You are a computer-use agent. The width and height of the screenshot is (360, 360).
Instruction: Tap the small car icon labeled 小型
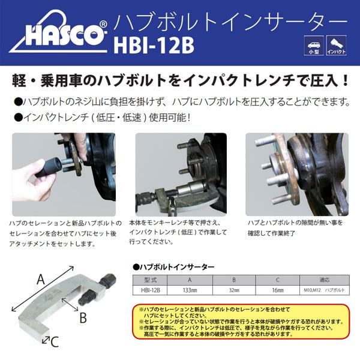coord(313,44)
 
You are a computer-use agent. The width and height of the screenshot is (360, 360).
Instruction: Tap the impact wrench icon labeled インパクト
coord(335,44)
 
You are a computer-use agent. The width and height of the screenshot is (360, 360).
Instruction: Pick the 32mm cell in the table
coord(234,289)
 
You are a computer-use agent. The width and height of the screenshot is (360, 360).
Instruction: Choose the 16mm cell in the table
coord(277,289)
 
